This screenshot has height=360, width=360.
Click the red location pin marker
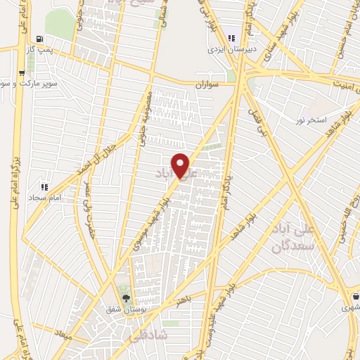181,165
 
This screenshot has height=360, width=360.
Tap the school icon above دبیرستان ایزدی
231,38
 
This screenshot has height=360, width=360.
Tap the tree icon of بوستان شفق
127,298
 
